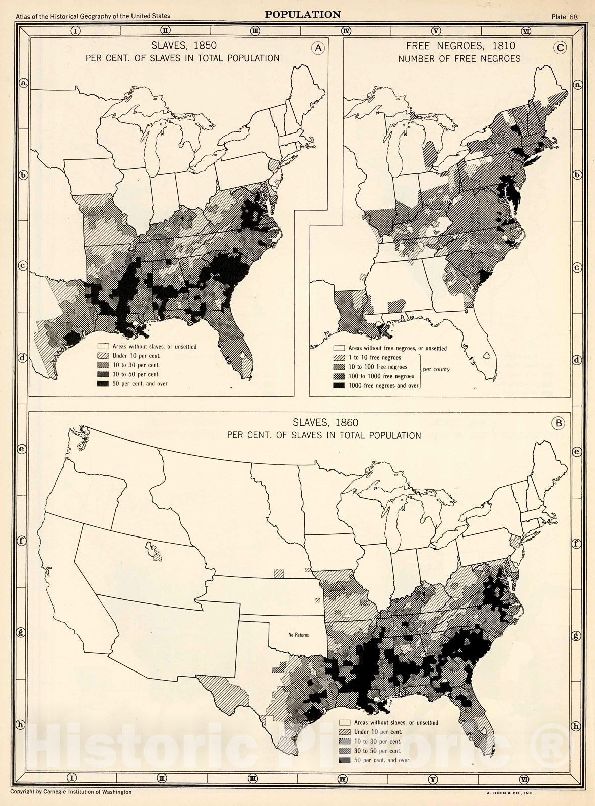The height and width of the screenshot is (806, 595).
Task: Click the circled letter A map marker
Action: coord(318,48)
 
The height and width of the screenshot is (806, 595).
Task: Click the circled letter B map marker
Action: coord(558,423)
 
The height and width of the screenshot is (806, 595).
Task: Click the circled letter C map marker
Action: coord(560,48)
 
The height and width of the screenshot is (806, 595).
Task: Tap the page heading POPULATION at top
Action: coord(303,15)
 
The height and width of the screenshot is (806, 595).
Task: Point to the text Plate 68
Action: coord(564,17)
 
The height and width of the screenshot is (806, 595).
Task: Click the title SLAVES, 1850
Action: coord(184,46)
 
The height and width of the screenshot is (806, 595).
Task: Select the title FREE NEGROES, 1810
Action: coord(460,46)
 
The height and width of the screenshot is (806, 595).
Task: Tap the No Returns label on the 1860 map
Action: coord(299,635)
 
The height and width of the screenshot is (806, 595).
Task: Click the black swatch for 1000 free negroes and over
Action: coord(339,386)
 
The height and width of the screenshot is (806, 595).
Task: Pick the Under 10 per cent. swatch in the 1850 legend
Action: coord(103,356)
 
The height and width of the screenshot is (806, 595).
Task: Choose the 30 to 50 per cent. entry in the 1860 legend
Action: coord(377,751)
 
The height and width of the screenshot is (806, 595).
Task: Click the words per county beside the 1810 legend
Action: coord(436,369)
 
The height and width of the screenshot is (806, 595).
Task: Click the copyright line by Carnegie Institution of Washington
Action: coord(71,792)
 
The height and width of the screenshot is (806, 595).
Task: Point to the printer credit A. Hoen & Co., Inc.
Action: coord(511,793)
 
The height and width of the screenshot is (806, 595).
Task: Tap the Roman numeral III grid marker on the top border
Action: coord(255,31)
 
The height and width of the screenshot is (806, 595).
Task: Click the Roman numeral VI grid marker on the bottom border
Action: coord(524,779)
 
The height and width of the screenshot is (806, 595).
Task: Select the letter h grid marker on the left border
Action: coord(21,725)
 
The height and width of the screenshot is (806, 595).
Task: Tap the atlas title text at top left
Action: coord(93,16)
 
